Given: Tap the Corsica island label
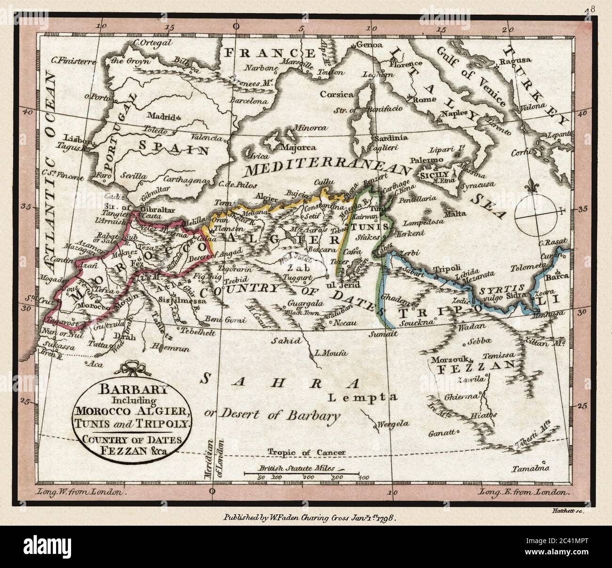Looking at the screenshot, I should (337, 94).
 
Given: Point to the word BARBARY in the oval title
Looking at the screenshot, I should (129, 390).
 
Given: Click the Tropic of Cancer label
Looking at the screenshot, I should (306, 452).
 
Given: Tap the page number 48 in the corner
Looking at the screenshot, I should (590, 9).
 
